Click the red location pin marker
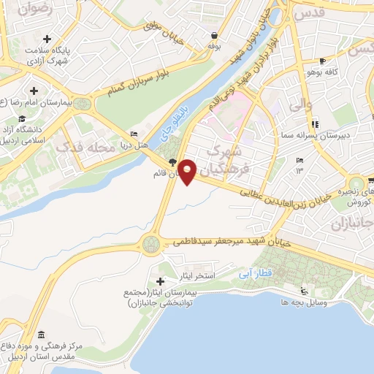click(188, 172)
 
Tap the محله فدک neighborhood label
click(91, 148)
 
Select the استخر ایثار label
click(198, 276)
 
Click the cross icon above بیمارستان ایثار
click(161, 281)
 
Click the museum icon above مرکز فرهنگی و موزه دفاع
click(40, 334)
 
